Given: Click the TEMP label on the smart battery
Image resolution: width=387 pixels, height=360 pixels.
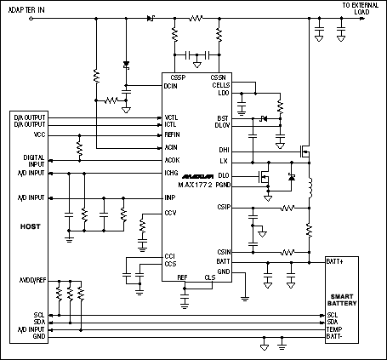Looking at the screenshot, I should click(334, 329).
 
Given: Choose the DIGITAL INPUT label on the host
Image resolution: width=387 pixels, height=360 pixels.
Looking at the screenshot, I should click(34, 159).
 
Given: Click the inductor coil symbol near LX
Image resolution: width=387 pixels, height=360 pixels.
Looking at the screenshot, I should click(310, 186).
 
